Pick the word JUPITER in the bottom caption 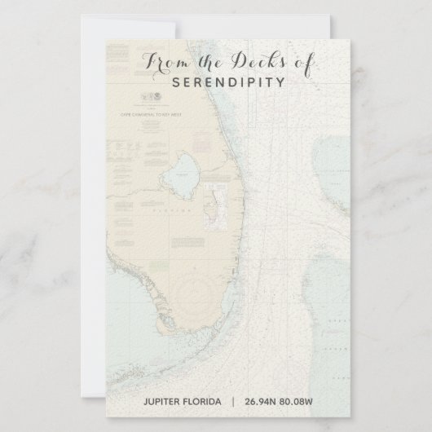click(167, 400)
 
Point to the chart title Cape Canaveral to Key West click(150, 116)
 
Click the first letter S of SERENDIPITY click(176, 82)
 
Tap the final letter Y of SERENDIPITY click(281, 82)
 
